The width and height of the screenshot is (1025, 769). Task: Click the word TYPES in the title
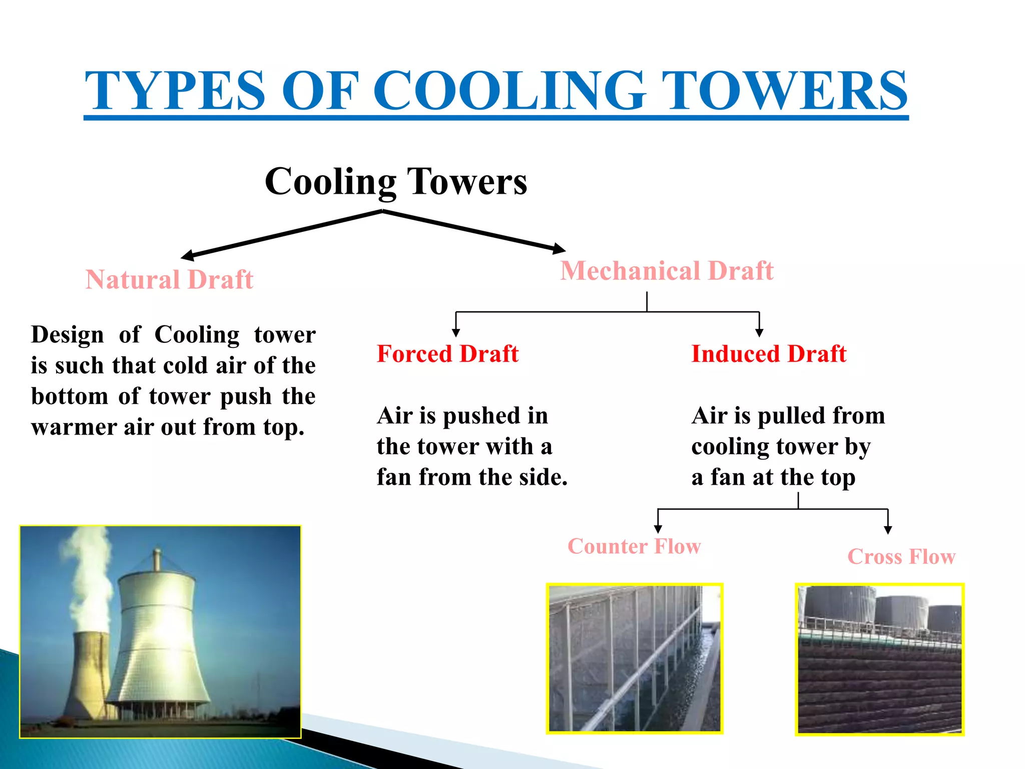click(x=174, y=91)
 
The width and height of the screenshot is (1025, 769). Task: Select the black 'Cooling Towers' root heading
click(x=395, y=181)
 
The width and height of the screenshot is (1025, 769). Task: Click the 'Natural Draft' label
click(x=169, y=279)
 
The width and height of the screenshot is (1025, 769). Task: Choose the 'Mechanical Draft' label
click(x=667, y=271)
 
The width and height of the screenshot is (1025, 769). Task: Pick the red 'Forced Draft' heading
click(x=447, y=354)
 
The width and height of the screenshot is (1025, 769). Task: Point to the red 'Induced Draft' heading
click(x=768, y=354)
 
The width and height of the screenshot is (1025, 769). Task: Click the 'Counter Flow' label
click(x=634, y=546)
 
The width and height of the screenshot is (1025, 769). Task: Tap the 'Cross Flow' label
click(x=901, y=557)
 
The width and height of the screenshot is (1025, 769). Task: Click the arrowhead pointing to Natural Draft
click(x=187, y=256)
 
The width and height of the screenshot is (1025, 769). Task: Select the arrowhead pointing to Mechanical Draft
click(x=560, y=248)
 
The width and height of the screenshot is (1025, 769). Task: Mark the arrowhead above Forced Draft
click(x=455, y=332)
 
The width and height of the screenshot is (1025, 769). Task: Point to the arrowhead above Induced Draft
click(x=759, y=332)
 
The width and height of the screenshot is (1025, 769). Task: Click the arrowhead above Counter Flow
click(x=658, y=529)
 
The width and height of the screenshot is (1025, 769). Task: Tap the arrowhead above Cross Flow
click(x=888, y=530)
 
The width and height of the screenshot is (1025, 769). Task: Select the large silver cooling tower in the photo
click(x=158, y=646)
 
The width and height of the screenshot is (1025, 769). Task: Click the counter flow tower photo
click(x=634, y=658)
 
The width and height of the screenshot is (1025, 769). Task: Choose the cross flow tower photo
click(x=879, y=658)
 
